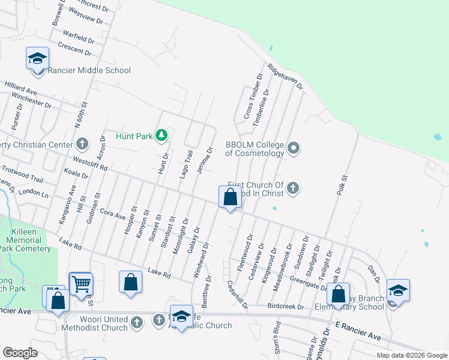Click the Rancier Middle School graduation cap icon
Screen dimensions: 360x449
[37, 59]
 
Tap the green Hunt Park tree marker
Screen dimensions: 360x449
[161, 136]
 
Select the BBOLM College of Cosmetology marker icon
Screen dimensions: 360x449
[294, 148]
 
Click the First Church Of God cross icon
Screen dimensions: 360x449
[293, 188]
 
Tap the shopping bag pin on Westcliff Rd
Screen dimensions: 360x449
[230, 196]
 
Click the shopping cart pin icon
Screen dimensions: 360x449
[81, 283]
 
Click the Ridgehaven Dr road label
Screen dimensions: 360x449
[285, 77]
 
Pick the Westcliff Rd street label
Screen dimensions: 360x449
[89, 164]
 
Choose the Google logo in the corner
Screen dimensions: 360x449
[20, 353]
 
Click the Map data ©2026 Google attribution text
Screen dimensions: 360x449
[411, 355]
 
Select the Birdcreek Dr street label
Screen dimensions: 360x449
[285, 307]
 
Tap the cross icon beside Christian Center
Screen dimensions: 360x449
[82, 144]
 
